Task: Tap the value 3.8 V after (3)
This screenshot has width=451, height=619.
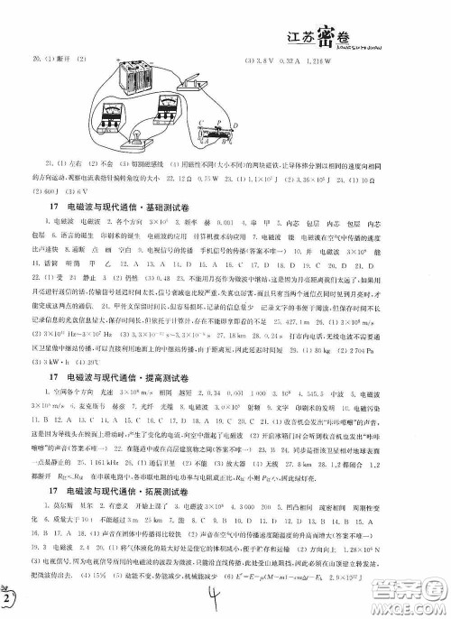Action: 267,60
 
